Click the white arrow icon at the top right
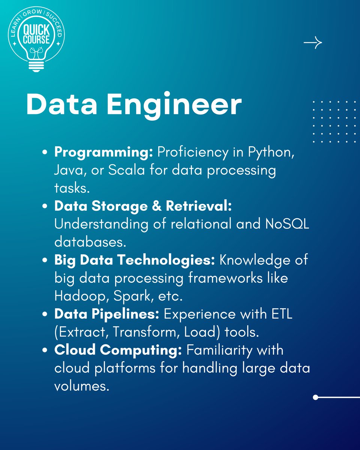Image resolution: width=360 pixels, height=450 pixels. tap(313, 43)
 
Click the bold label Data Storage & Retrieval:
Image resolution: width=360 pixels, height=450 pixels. tap(143, 206)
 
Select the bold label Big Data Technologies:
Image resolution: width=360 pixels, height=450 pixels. tap(135, 260)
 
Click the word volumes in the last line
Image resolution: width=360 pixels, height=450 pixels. tap(81, 386)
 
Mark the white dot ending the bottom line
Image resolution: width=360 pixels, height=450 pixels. tap(315, 397)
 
